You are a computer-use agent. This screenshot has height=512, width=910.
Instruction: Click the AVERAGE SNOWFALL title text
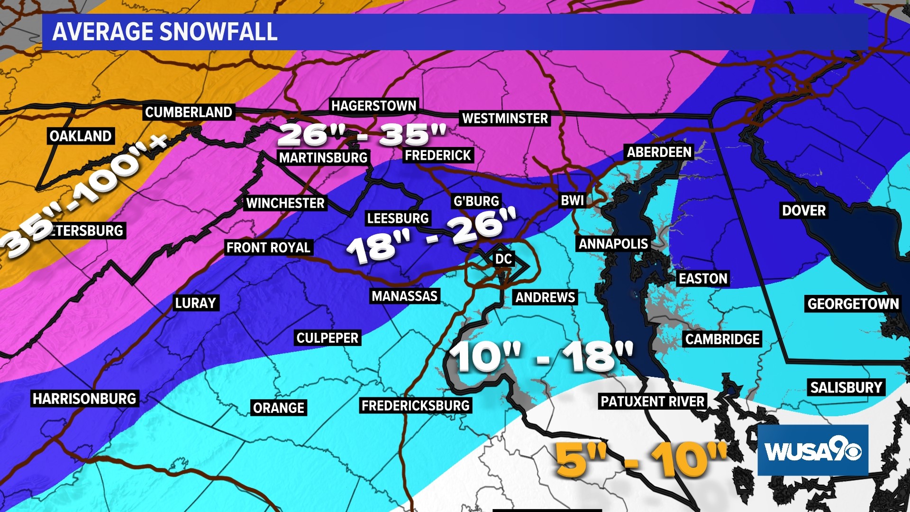pyautogui.click(x=164, y=32)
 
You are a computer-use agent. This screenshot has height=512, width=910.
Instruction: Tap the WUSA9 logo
pyautogui.click(x=812, y=450)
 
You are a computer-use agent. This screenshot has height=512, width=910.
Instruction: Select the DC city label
pyautogui.click(x=503, y=259)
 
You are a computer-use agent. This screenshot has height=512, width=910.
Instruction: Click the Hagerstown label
pyautogui.click(x=373, y=106)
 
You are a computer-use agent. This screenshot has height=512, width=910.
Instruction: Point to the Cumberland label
pyautogui.click(x=189, y=112)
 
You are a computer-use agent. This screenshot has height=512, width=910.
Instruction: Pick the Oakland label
pyautogui.click(x=81, y=136)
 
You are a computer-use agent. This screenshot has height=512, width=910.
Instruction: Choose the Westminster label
pyautogui.click(x=505, y=119)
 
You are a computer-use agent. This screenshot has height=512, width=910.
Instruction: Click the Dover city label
pyautogui.click(x=804, y=210)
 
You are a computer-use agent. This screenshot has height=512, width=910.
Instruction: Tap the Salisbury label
pyautogui.click(x=846, y=387)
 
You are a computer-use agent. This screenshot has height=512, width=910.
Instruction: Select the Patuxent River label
pyautogui.click(x=653, y=402)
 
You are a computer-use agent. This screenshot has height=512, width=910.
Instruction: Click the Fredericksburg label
pyautogui.click(x=415, y=405)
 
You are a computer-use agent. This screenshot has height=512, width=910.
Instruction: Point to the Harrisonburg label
pyautogui.click(x=84, y=398)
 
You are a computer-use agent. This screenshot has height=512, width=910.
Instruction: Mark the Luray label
pyautogui.click(x=195, y=303)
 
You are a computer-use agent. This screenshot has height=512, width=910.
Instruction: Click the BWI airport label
pyautogui.click(x=572, y=201)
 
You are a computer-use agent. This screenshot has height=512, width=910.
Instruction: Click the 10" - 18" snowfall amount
pyautogui.click(x=541, y=357)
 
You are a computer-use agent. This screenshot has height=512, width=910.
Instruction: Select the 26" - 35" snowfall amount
pyautogui.click(x=362, y=134)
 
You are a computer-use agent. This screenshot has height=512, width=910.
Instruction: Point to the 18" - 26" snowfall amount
pyautogui.click(x=431, y=236)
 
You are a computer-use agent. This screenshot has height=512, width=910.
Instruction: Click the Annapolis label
pyautogui.click(x=613, y=244)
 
